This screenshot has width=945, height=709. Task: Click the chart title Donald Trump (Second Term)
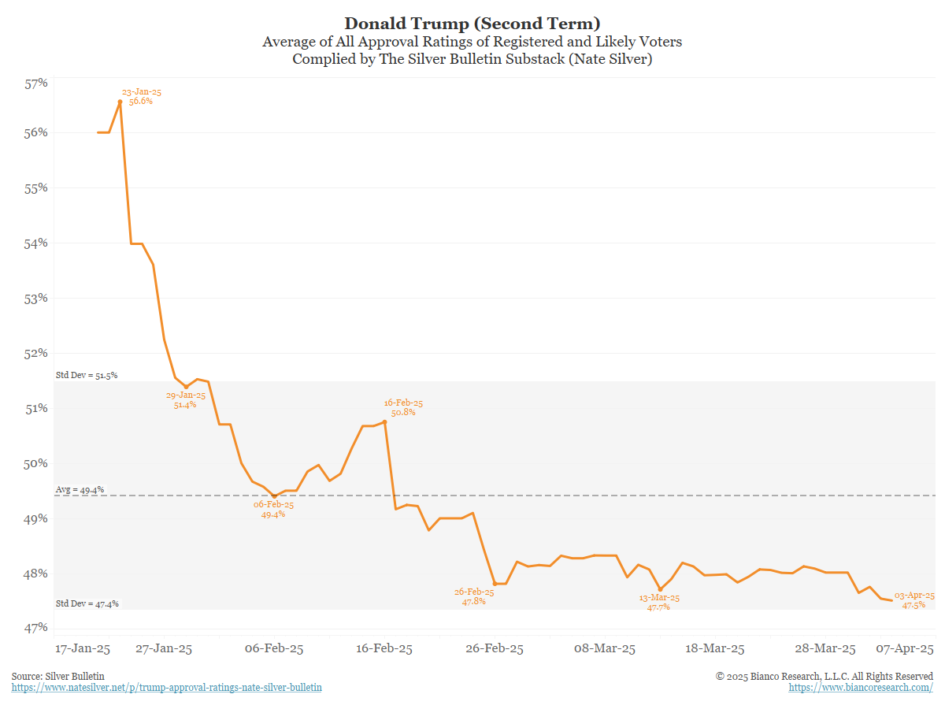point(472,23)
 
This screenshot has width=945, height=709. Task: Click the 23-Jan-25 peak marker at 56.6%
point(120,102)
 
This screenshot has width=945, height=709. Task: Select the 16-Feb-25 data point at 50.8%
point(384,422)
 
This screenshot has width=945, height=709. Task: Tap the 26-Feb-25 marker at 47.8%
point(495,584)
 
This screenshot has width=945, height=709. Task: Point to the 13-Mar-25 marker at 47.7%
point(660,589)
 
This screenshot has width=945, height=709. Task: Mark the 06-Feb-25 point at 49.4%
point(274,496)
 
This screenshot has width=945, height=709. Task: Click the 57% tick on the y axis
point(37,83)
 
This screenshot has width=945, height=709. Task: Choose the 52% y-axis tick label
point(37,353)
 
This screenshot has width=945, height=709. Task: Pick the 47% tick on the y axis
point(37,628)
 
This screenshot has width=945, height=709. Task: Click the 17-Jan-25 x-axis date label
point(82,649)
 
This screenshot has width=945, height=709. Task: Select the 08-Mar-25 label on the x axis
point(605,649)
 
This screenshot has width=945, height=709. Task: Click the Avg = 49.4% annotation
point(80,490)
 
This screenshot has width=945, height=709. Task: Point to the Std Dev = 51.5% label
point(87,375)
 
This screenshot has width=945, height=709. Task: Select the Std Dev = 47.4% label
point(87,603)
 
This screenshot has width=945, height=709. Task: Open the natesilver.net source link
point(167,688)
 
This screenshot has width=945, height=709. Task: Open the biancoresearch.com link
point(861,688)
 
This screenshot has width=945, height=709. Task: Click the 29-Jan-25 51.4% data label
point(186,399)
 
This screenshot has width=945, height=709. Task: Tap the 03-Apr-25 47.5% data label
point(914,600)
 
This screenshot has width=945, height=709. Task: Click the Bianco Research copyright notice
point(825,676)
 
